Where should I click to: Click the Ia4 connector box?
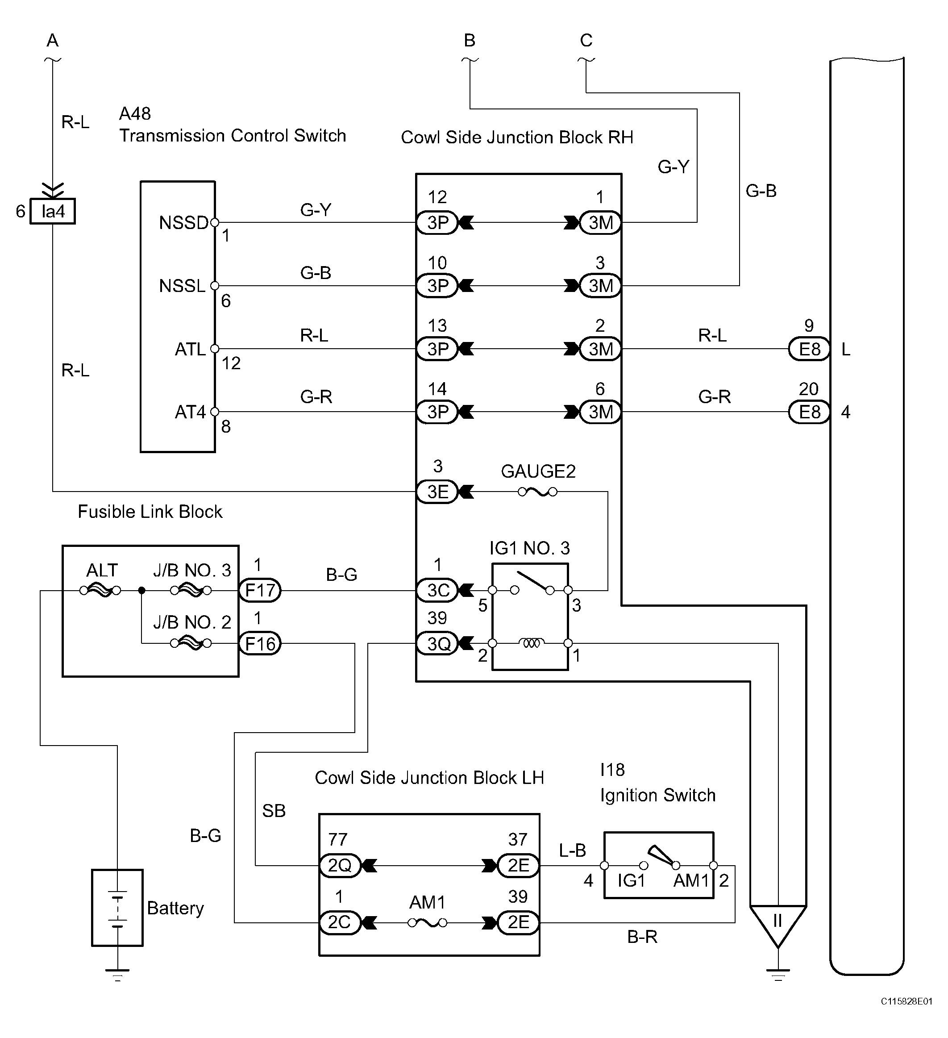(x=53, y=211)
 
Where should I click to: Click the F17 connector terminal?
(x=260, y=590)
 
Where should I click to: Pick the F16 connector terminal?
(x=260, y=644)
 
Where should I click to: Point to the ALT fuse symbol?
(x=100, y=591)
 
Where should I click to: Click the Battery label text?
(x=175, y=908)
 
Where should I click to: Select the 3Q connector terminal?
(x=437, y=644)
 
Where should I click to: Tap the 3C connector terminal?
(x=437, y=590)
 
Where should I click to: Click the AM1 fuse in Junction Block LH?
(x=427, y=923)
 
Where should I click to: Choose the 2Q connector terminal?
(x=340, y=865)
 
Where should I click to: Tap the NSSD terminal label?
(x=184, y=223)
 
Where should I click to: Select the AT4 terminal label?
(x=191, y=412)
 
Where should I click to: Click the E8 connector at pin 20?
(x=809, y=412)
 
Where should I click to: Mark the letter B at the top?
(x=470, y=40)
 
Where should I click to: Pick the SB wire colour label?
(x=274, y=811)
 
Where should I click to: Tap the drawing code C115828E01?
(x=906, y=1001)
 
